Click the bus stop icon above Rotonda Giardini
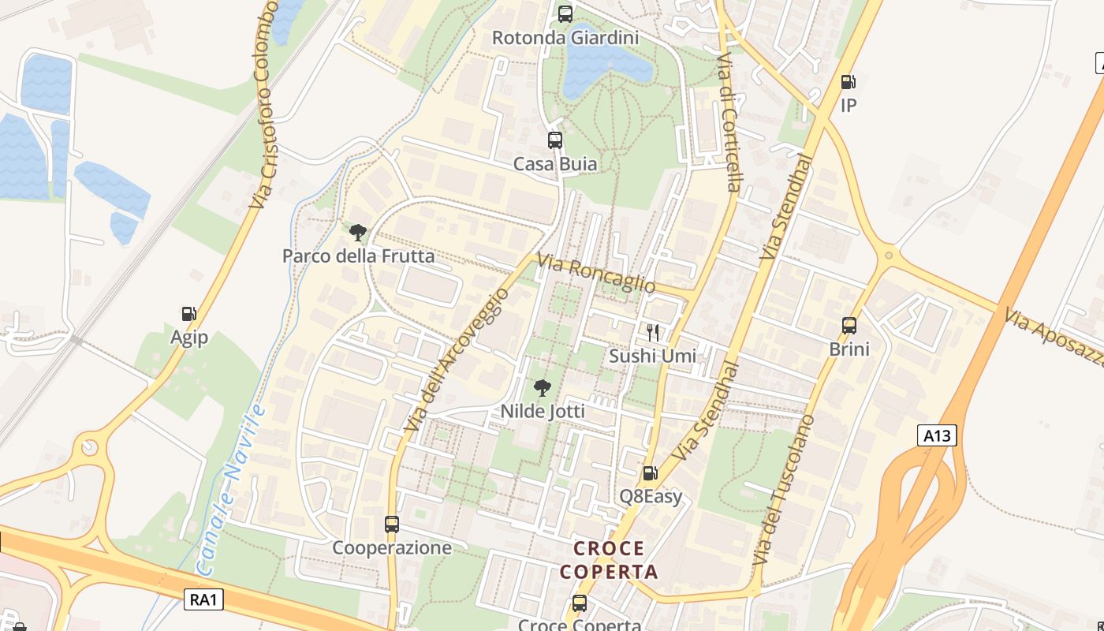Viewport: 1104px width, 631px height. tap(565, 13)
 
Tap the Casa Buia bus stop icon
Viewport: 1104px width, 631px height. tap(555, 140)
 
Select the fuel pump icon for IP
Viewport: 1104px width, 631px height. tap(849, 81)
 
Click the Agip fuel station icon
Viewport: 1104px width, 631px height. tap(189, 314)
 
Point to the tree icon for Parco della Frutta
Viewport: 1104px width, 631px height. tap(358, 232)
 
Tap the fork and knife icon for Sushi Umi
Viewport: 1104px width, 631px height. tap(652, 332)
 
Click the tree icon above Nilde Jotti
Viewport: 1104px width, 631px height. tap(542, 387)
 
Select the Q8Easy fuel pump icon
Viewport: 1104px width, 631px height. tap(650, 473)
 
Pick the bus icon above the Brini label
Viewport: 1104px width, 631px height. tap(849, 325)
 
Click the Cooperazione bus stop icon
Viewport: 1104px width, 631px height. tap(392, 524)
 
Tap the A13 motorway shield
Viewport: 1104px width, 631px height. tap(937, 435)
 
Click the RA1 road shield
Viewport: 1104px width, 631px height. tap(204, 599)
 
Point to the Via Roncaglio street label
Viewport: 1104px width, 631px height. tap(596, 273)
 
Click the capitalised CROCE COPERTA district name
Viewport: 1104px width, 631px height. tap(609, 560)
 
